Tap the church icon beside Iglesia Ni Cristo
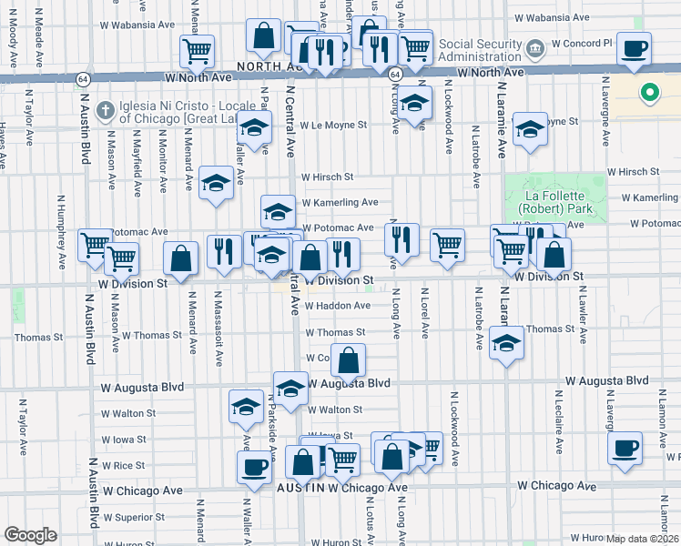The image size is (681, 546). (106, 110)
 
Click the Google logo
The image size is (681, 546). (30, 535)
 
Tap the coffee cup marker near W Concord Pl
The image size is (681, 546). (634, 49)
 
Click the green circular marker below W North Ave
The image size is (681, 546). (649, 92)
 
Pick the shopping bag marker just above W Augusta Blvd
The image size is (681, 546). (348, 360)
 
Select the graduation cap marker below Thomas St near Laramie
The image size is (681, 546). (506, 344)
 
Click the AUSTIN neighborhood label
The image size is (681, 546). (300, 489)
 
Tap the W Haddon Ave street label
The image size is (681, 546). (336, 306)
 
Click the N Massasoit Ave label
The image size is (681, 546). (219, 328)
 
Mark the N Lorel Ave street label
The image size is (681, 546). (425, 312)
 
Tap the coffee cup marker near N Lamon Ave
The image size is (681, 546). (625, 449)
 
